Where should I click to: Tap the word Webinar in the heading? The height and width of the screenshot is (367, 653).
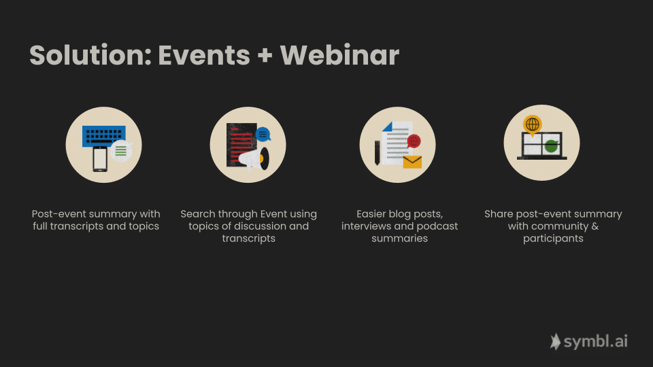339,55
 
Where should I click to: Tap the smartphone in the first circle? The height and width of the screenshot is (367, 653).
100,159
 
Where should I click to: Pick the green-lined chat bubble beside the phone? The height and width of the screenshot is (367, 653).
122,151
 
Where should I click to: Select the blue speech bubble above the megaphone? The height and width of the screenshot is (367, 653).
263,135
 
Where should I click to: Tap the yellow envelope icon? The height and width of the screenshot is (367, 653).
412,162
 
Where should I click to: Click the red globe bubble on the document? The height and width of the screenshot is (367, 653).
414,141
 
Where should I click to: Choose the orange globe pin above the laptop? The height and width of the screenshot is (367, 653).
532,125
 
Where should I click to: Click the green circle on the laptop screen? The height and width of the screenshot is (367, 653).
552,146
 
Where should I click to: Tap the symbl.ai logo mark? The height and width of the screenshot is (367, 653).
555,342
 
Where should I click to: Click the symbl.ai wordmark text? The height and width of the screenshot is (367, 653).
596,342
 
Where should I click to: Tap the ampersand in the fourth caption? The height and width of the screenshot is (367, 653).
595,226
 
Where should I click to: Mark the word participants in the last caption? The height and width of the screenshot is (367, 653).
553,239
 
